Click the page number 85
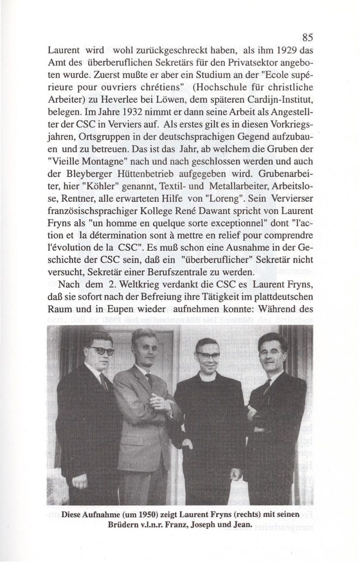(x=308, y=37)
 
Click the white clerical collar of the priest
(x=207, y=374)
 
